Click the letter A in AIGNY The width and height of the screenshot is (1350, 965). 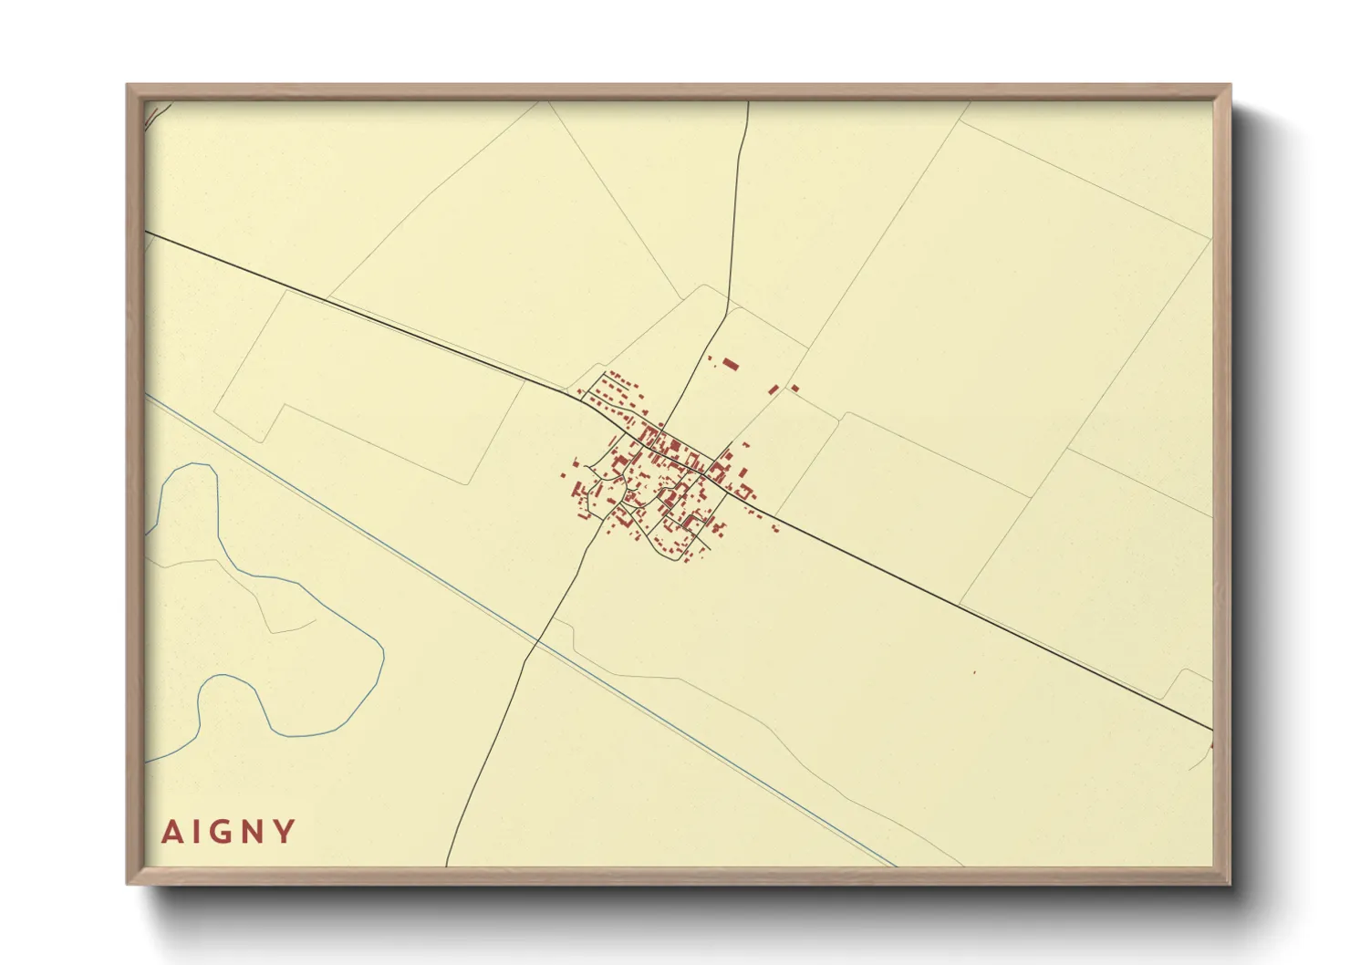[x=171, y=832]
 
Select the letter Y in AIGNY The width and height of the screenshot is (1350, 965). [x=286, y=832]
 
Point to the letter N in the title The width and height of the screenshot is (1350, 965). [x=255, y=832]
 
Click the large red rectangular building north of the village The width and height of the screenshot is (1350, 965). [x=731, y=365]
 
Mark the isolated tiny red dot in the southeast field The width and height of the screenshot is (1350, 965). [x=974, y=673]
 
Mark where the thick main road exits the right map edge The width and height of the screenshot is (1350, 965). [x=1211, y=729]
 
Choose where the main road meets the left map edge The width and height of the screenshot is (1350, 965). [x=147, y=232]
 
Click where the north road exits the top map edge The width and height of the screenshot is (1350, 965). [x=748, y=102]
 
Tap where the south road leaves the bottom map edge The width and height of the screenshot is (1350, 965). [x=446, y=865]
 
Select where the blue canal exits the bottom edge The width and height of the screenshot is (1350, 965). [x=895, y=865]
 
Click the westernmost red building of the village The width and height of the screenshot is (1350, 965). [x=563, y=474]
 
